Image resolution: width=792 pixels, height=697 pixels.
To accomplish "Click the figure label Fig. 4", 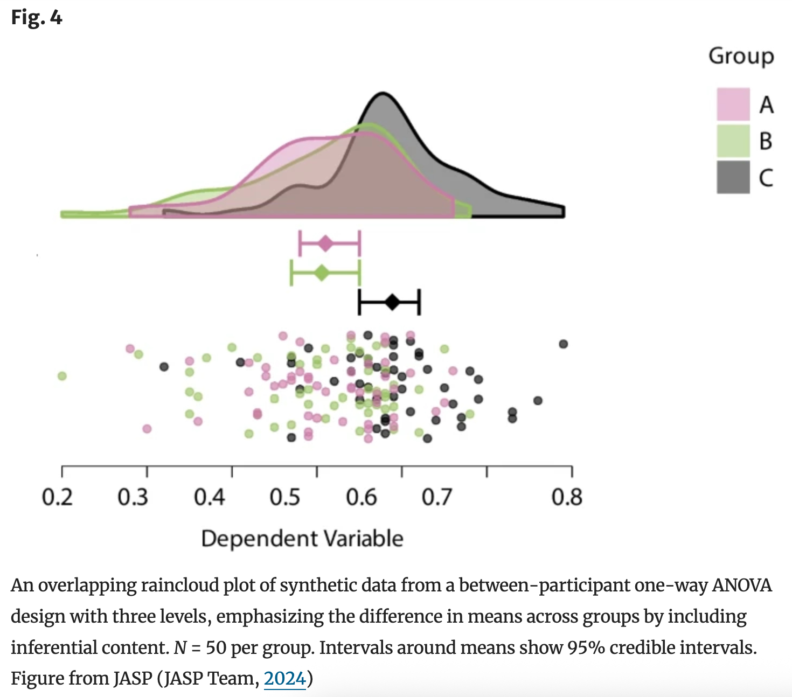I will tap(37, 18).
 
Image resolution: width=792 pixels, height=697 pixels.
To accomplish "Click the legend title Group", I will tap(741, 56).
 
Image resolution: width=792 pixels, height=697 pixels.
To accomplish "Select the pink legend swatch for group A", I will tap(733, 104).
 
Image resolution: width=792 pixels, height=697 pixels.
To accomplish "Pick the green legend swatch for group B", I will tap(733, 141).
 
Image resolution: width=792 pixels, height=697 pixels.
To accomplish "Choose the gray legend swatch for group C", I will tap(733, 177).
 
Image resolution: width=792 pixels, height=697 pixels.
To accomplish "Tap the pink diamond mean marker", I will tap(325, 244).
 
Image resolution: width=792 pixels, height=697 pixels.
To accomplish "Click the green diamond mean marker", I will tap(322, 273).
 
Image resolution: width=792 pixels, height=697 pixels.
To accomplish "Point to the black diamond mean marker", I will tap(393, 302).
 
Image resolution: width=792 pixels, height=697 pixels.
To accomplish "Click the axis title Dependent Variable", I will tap(302, 539).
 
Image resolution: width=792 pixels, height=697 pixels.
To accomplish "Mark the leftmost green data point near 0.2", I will tap(62, 375).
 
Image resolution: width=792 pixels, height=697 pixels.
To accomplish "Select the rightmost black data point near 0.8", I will tap(563, 344).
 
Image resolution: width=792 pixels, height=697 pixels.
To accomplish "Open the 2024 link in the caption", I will tap(284, 678).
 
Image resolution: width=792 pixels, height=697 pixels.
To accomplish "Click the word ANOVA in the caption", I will tap(742, 585).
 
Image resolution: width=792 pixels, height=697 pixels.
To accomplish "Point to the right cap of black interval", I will tap(419, 302).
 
